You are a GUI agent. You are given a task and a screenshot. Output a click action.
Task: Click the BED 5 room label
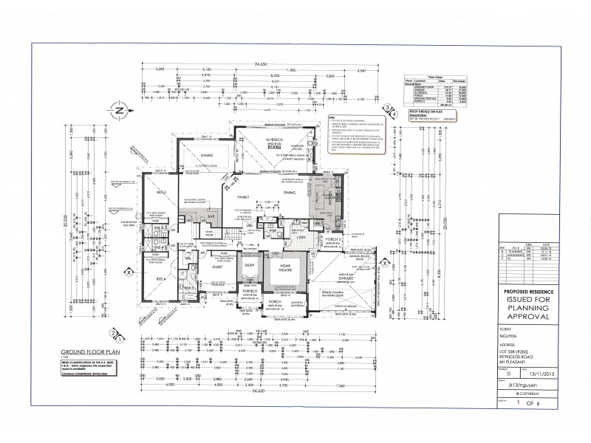160,191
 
